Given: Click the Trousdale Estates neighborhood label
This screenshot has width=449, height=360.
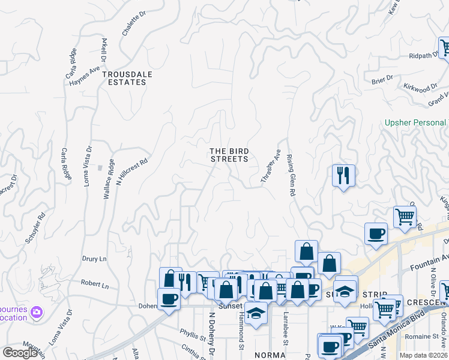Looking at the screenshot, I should [127, 78].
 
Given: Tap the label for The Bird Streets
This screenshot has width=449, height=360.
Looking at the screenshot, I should [229, 155].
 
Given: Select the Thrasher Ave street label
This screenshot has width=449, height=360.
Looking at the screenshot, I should [270, 166].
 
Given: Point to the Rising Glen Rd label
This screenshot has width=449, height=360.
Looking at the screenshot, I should [291, 175].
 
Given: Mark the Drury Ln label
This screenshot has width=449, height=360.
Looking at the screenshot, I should [94, 259].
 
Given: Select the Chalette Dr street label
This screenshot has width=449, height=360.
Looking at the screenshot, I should [134, 23].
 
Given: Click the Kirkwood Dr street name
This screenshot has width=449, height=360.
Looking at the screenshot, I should [420, 88].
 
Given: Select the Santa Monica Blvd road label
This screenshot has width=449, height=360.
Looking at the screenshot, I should [396, 331].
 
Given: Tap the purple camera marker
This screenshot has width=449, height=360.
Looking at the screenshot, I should [37, 311].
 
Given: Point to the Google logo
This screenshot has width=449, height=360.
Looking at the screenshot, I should [20, 352].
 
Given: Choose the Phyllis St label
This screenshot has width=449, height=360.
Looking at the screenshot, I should [193, 332].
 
